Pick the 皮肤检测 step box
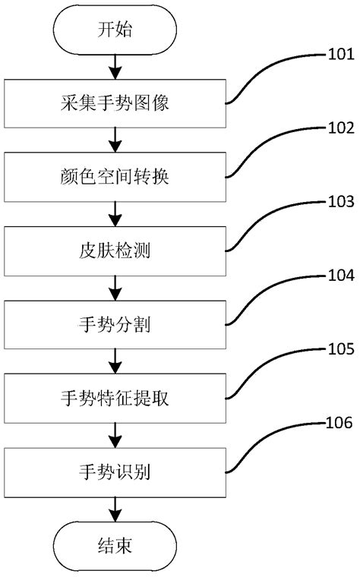pos(115,250)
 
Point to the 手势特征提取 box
pos(115,397)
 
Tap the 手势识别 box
pos(115,471)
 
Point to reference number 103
pos(339,203)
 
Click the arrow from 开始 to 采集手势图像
pos(115,67)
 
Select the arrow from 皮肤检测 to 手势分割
pos(115,287)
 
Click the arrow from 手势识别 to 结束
pos(115,508)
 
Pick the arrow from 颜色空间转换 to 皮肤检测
pos(115,213)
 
